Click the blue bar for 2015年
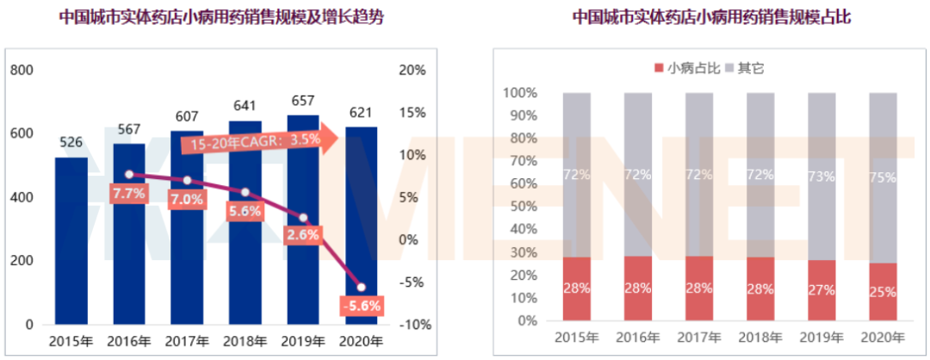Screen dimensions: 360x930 click(71, 241)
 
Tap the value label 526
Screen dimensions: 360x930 click(71, 143)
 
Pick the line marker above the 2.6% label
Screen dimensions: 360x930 click(303, 217)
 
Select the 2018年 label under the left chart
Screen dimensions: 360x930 click(245, 342)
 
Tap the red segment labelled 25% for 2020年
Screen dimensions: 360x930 click(883, 292)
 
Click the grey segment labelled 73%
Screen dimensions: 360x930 click(821, 176)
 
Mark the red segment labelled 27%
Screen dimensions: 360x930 click(821, 290)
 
